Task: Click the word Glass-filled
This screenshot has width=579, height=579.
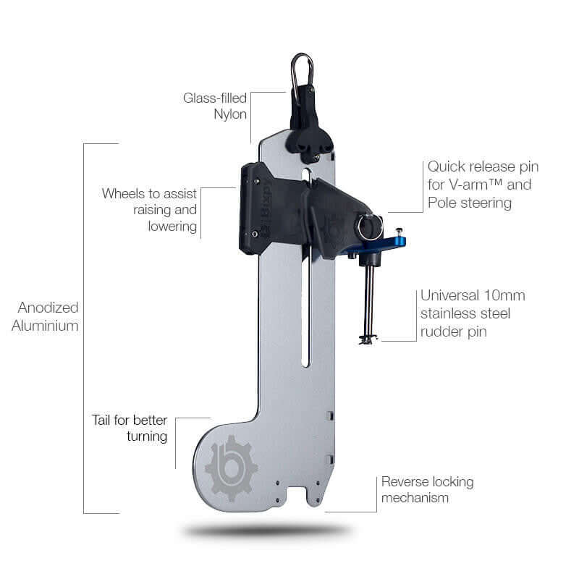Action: tap(216, 97)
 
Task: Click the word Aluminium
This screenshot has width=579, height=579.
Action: tap(45, 326)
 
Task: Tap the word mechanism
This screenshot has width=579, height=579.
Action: tap(415, 498)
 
